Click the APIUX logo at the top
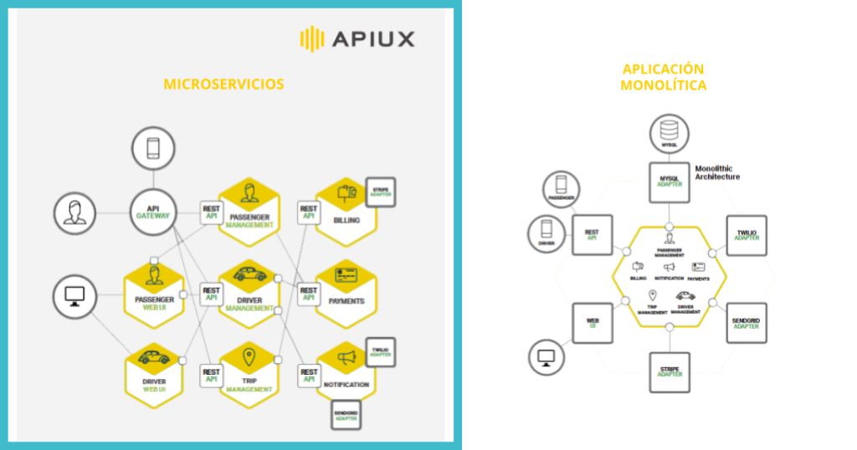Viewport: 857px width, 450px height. [357, 38]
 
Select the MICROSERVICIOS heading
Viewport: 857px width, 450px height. [223, 84]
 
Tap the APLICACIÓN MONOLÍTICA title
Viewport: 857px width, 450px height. [664, 77]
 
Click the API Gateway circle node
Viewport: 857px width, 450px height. [153, 211]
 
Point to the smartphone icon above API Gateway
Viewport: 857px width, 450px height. [153, 150]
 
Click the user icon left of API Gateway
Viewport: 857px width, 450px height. [75, 212]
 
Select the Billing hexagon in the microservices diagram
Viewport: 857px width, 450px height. [346, 211]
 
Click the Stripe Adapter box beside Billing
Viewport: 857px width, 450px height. [380, 192]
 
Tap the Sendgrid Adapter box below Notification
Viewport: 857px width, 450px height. [346, 415]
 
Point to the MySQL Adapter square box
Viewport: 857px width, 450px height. [670, 182]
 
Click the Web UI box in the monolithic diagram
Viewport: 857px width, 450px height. [592, 323]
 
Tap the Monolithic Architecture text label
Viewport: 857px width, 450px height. [717, 172]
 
